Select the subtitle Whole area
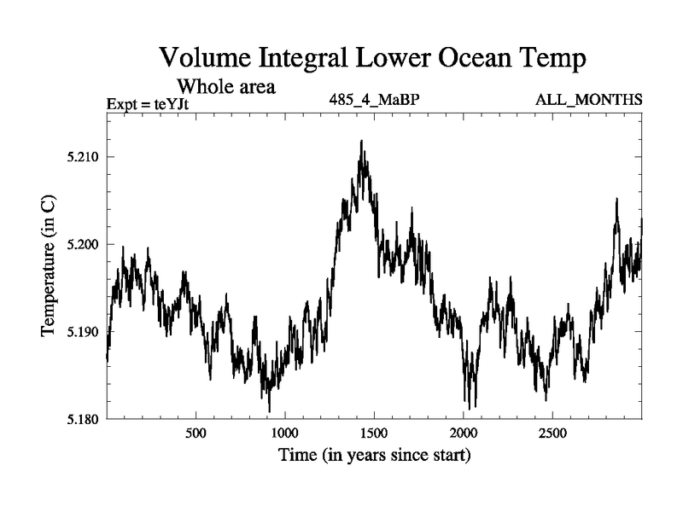[x=225, y=87]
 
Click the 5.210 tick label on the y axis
[x=84, y=157]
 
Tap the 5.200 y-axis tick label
[x=84, y=244]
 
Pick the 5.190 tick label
[x=84, y=331]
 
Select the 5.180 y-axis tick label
[x=84, y=419]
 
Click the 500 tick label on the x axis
[x=196, y=433]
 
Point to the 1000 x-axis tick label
[x=284, y=433]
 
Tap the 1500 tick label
[x=374, y=433]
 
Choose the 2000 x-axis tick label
[x=463, y=433]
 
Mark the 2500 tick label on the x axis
[x=552, y=433]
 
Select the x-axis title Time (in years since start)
[x=374, y=456]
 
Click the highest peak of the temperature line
[x=362, y=142]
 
